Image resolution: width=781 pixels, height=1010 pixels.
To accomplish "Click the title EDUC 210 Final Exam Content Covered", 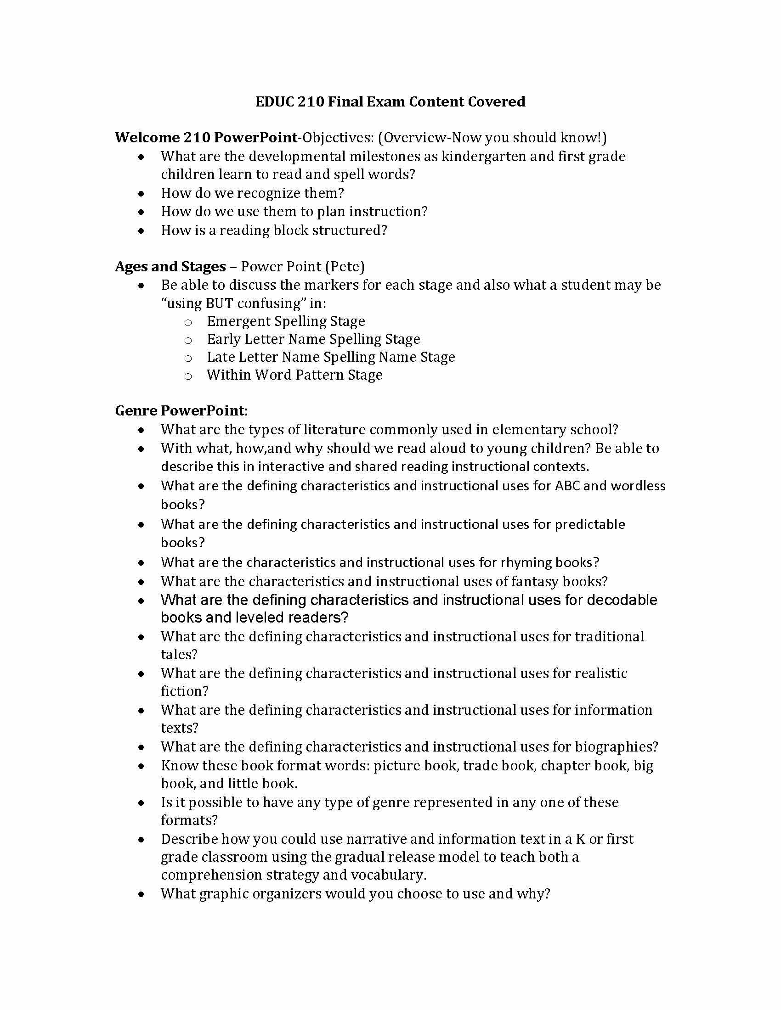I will click(390, 102).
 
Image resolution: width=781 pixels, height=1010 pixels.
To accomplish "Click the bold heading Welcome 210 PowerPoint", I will click(206, 137).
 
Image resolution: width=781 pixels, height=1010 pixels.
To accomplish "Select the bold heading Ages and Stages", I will click(170, 266).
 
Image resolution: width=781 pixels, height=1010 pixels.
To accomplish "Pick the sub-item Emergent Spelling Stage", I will click(285, 321).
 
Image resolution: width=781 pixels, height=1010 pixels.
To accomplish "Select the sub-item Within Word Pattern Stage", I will click(294, 375).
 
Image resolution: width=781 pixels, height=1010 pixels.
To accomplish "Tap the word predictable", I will click(589, 524).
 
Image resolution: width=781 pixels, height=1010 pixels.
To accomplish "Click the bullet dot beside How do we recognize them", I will click(141, 194).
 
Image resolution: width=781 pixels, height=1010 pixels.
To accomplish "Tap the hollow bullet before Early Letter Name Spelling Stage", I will click(188, 340).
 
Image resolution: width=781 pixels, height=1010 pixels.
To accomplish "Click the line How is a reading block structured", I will click(273, 230).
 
